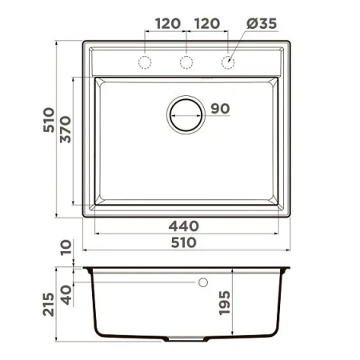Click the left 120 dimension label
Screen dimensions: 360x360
(166, 23)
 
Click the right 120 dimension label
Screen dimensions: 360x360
(208, 23)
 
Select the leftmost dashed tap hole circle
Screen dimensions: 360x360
(145, 62)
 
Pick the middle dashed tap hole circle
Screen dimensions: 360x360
(186, 62)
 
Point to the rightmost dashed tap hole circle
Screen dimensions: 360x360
(229, 62)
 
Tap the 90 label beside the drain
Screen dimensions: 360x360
(220, 109)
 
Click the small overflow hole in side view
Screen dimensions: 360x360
(202, 282)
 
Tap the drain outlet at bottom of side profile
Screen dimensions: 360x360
(186, 340)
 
